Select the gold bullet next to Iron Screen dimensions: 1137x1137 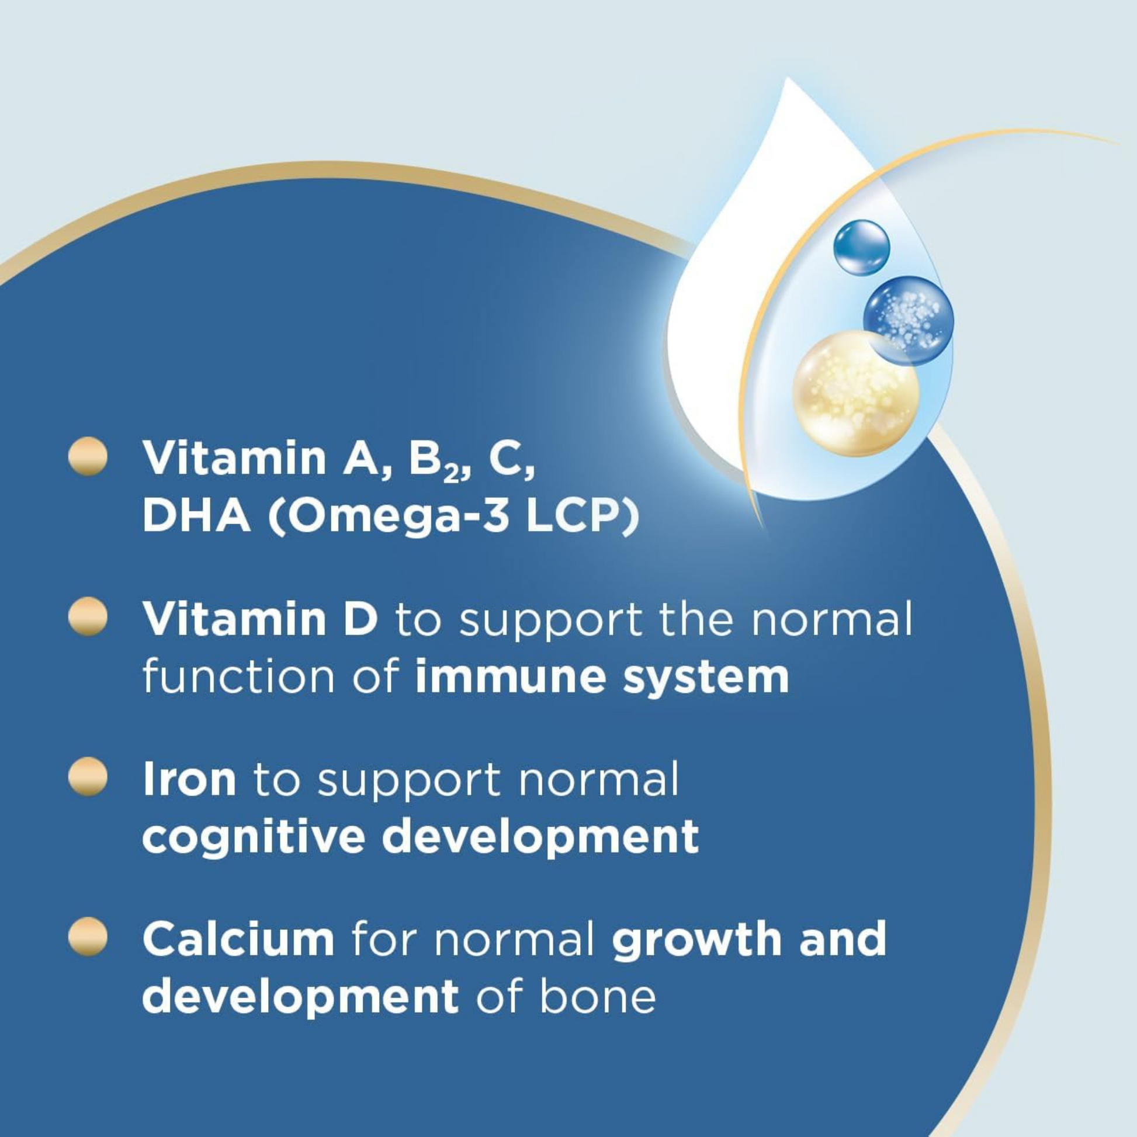[88, 777]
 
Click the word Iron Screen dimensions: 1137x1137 [189, 779]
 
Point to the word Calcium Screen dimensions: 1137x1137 [238, 940]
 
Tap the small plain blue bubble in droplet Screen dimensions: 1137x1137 [861, 247]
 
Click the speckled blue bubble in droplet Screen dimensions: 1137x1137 [908, 321]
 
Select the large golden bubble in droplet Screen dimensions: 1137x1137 [856, 393]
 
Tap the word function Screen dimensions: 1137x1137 [237, 677]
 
